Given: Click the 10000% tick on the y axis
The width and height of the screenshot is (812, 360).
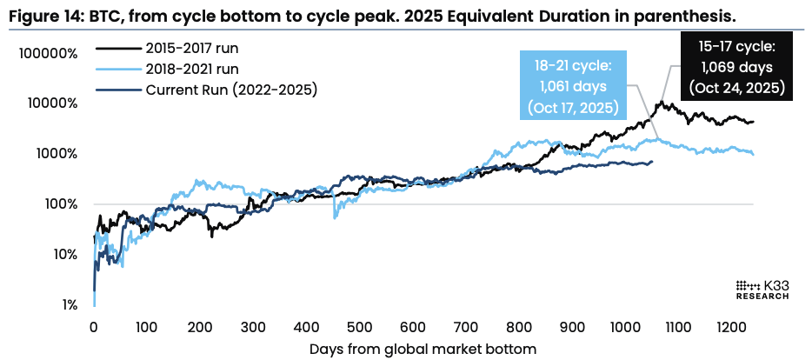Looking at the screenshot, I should coord(50,103).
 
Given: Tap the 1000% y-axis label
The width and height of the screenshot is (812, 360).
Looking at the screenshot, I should coord(54,154).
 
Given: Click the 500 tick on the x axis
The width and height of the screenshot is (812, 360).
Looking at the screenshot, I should coord(359,328).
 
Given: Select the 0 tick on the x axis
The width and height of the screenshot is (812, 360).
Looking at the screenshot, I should coord(93,328).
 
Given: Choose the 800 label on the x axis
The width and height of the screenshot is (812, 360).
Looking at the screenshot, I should coord(518,328).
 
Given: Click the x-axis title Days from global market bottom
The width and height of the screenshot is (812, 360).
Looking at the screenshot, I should coord(423,349).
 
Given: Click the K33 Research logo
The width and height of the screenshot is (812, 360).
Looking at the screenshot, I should coord(762,290).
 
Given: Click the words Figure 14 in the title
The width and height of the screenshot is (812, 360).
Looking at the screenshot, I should coord(45,14).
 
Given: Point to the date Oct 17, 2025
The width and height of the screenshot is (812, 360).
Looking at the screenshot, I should coord(572,108).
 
